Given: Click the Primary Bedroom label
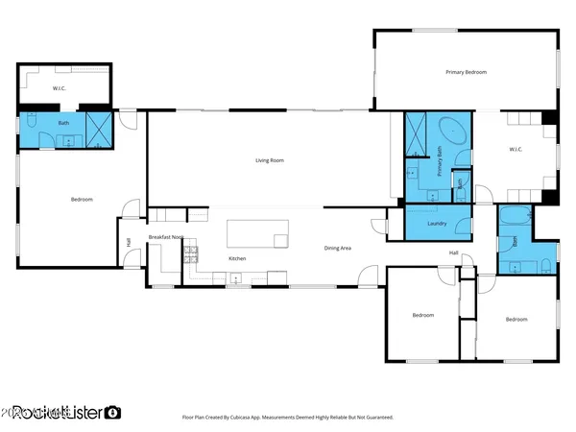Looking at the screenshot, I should coord(466,73).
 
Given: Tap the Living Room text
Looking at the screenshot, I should coord(269,160).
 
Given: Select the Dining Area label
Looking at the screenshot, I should coord(337,249).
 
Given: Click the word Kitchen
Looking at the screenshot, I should coord(237,258).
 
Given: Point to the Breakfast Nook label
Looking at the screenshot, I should coord(164,237).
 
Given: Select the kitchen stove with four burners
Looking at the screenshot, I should coord(191,254).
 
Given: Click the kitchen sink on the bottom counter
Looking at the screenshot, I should coord(235,279).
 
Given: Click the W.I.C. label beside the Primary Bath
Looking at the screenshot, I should coord(514,149).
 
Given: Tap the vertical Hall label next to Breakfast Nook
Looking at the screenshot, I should coord(129,242).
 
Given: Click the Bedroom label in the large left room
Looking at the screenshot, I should coord(82,199).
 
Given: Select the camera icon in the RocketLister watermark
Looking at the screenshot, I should coord(113,412).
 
